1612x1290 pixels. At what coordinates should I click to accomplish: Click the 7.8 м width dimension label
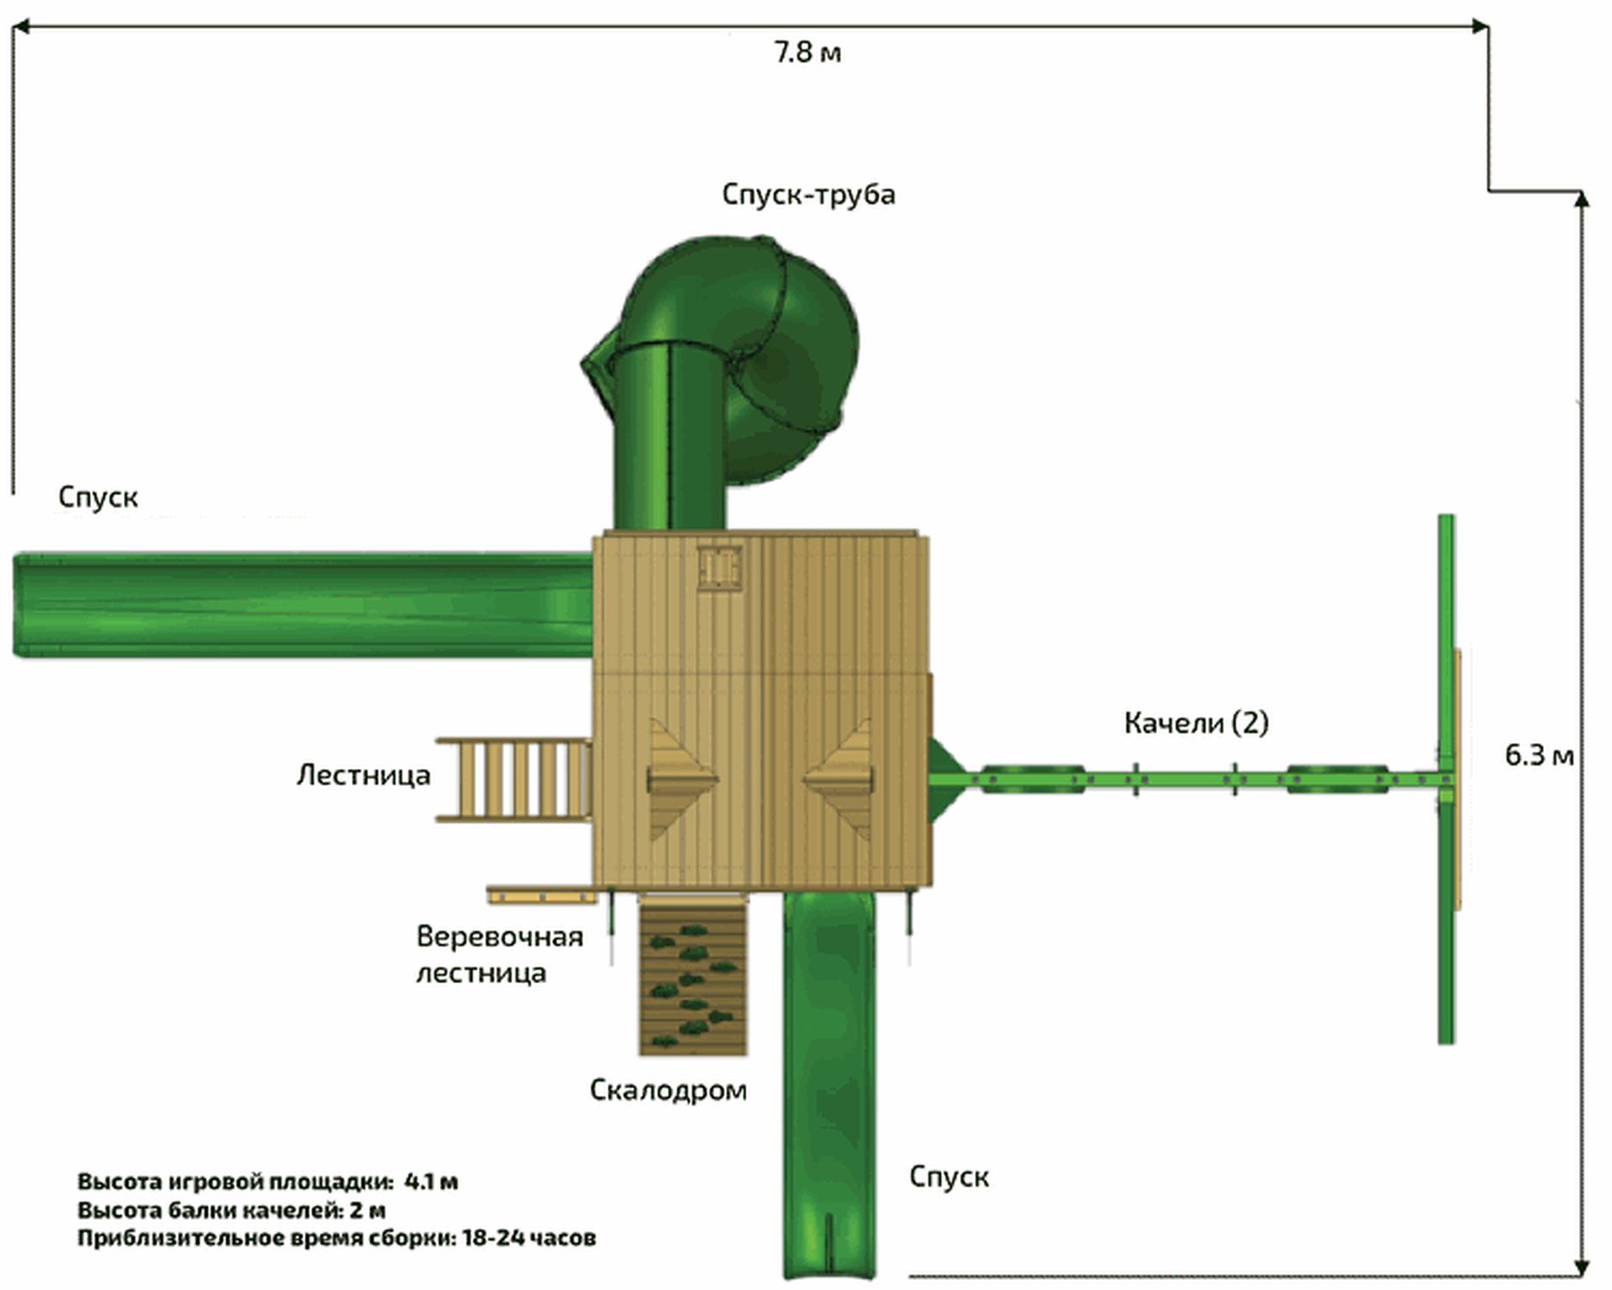pyautogui.click(x=807, y=52)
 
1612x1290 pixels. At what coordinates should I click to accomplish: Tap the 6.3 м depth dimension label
pyautogui.click(x=1539, y=755)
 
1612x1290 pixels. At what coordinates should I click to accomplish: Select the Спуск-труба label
pyautogui.click(x=808, y=194)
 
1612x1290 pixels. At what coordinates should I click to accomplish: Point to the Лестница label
pyautogui.click(x=363, y=775)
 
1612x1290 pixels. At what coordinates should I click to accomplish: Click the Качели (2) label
pyautogui.click(x=1196, y=722)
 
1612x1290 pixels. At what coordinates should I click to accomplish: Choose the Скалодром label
pyautogui.click(x=668, y=1090)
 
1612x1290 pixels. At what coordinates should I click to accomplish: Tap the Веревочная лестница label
pyautogui.click(x=499, y=955)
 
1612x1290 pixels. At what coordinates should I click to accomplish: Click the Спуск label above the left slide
pyautogui.click(x=98, y=496)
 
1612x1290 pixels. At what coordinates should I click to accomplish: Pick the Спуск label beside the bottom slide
pyautogui.click(x=948, y=1176)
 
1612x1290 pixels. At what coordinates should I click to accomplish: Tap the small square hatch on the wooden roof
pyautogui.click(x=719, y=567)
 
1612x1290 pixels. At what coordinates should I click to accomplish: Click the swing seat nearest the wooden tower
pyautogui.click(x=1032, y=779)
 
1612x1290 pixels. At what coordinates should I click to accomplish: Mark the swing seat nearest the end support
pyautogui.click(x=1337, y=779)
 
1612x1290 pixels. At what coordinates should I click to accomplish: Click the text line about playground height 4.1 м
pyautogui.click(x=267, y=1181)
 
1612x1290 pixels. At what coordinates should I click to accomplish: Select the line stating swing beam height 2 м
pyautogui.click(x=231, y=1210)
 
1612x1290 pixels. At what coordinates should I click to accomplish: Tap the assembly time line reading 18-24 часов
pyautogui.click(x=336, y=1238)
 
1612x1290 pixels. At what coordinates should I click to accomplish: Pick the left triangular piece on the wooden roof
pyautogui.click(x=679, y=779)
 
